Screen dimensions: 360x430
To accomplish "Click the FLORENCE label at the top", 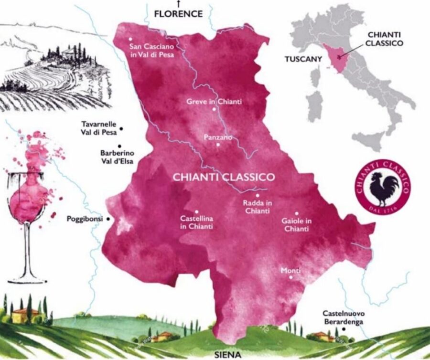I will [x=178, y=14].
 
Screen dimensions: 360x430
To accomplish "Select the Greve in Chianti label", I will [x=214, y=102].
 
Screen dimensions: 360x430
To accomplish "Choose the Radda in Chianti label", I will [x=257, y=207].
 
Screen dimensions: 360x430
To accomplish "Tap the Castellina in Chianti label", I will [x=196, y=222].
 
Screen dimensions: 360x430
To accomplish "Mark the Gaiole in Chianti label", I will [x=297, y=225].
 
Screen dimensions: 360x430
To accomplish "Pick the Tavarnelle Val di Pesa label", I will [x=99, y=128].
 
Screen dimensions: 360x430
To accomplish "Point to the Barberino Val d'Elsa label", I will [x=118, y=157].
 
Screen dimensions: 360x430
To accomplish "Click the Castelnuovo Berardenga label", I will [x=344, y=318].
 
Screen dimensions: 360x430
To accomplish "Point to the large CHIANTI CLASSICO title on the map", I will [x=224, y=177].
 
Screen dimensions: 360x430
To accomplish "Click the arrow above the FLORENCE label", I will [x=178, y=4].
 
